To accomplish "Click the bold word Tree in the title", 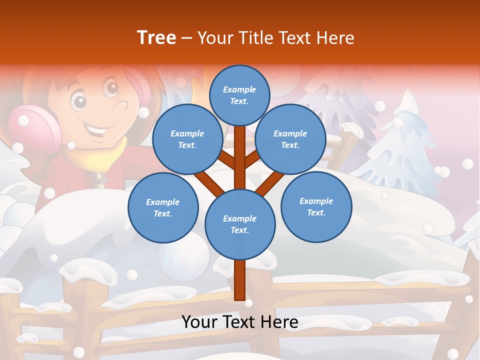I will (156, 37).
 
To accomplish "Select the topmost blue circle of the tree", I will (239, 95).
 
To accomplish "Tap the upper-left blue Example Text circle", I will (187, 139).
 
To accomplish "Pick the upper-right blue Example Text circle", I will (290, 139).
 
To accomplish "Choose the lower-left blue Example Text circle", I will (163, 207).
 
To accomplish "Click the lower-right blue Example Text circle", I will (316, 206).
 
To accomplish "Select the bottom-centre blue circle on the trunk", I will (240, 224).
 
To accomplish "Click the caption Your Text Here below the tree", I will (240, 322).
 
